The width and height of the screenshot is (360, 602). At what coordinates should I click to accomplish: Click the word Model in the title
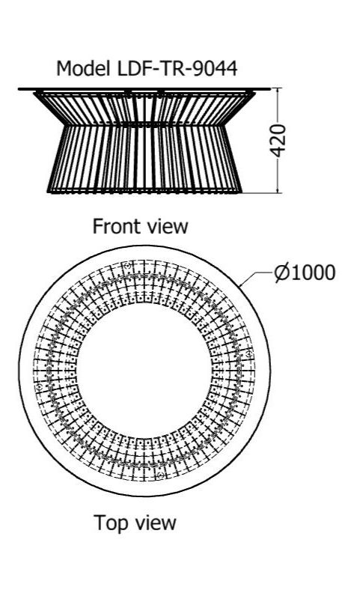(82, 69)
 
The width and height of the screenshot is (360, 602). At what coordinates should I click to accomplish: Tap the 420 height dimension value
(278, 141)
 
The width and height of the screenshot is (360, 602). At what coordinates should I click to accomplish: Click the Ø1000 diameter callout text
(305, 273)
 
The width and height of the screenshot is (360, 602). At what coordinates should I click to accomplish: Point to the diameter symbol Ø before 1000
(283, 273)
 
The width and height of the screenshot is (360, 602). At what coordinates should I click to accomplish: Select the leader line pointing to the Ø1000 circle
(256, 279)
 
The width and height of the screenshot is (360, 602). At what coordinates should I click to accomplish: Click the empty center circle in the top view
(144, 371)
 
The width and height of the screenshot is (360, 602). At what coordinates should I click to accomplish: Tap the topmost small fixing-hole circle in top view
(128, 265)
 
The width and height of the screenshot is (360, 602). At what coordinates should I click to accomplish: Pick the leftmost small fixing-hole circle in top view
(39, 386)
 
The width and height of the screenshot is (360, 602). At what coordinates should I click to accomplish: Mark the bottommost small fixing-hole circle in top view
(161, 476)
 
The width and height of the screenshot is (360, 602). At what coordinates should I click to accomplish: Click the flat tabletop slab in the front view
(144, 89)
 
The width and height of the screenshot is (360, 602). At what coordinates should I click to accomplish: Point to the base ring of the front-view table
(144, 190)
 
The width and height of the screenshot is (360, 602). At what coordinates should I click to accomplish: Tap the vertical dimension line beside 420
(278, 141)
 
